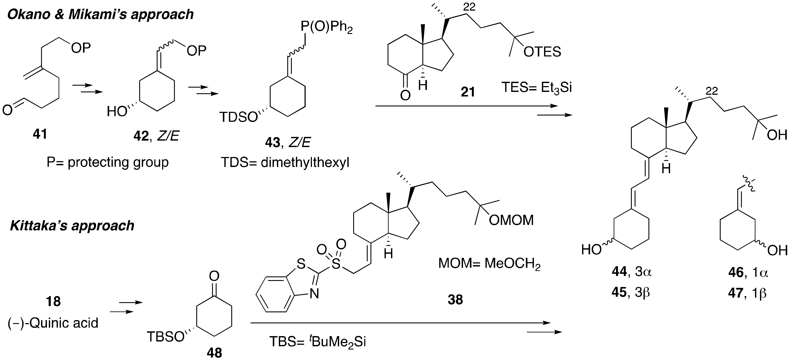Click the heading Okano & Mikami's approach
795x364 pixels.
coord(100,14)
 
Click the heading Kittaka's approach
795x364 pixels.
coord(72,226)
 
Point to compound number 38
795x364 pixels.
coord(455,300)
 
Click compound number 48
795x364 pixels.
coord(214,353)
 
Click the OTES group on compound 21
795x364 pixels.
coord(542,52)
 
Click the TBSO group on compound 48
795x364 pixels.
coord(165,337)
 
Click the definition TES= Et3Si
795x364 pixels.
coord(537,88)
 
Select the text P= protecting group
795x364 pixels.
coord(108,162)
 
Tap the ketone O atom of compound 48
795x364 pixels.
coord(214,276)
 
